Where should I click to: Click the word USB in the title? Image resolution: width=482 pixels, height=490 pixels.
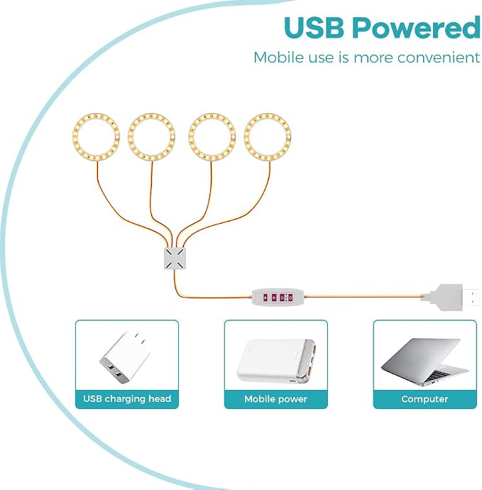314,27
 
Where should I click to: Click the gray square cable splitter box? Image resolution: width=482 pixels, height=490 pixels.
175,258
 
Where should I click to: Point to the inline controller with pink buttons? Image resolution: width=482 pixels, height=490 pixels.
278,297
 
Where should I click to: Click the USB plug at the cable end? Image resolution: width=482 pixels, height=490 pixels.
454,297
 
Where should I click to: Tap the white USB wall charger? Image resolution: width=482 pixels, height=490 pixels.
125,357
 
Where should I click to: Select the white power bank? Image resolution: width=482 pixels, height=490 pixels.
276,361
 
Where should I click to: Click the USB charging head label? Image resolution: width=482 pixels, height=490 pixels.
127,399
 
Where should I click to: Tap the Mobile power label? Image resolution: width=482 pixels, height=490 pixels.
276,399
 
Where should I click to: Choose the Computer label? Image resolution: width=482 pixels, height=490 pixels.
425,399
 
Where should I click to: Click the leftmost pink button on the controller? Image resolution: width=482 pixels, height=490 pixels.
265,298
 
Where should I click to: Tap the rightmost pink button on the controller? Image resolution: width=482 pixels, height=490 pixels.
290,298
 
